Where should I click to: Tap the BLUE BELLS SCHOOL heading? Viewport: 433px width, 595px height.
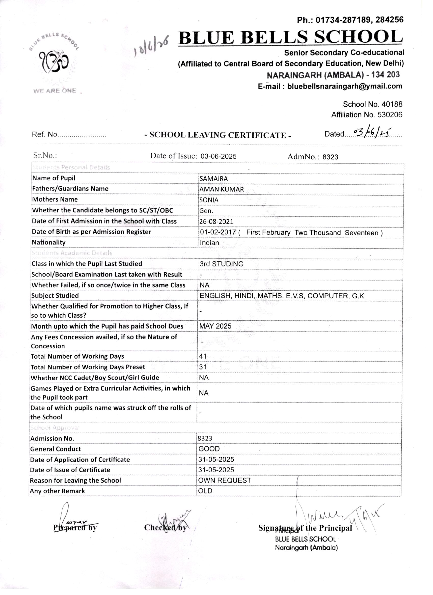pos(290,37)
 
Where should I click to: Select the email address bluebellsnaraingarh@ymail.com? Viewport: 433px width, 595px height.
pos(345,86)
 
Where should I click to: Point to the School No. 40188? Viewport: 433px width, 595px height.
pos(372,104)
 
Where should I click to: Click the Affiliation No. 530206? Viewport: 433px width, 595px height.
pos(367,115)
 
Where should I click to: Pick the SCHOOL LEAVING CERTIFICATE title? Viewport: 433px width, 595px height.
pos(218,135)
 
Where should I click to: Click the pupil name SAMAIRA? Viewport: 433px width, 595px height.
pos(213,179)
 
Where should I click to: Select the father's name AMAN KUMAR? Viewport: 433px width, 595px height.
pos(221,189)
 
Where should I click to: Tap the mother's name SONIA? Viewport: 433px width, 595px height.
pos(209,200)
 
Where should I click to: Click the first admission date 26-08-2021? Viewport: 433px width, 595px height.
pos(216,221)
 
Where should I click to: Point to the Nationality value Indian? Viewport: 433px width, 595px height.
pos(209,243)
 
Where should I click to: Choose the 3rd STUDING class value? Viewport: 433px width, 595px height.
pos(221,264)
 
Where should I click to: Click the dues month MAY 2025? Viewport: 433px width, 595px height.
pos(215,326)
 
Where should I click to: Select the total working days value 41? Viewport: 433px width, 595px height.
pos(203,356)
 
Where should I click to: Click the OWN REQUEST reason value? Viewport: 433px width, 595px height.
pos(224,480)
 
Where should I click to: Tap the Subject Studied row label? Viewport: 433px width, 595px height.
pos(55,296)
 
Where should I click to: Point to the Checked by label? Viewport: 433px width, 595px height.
pos(165,528)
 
